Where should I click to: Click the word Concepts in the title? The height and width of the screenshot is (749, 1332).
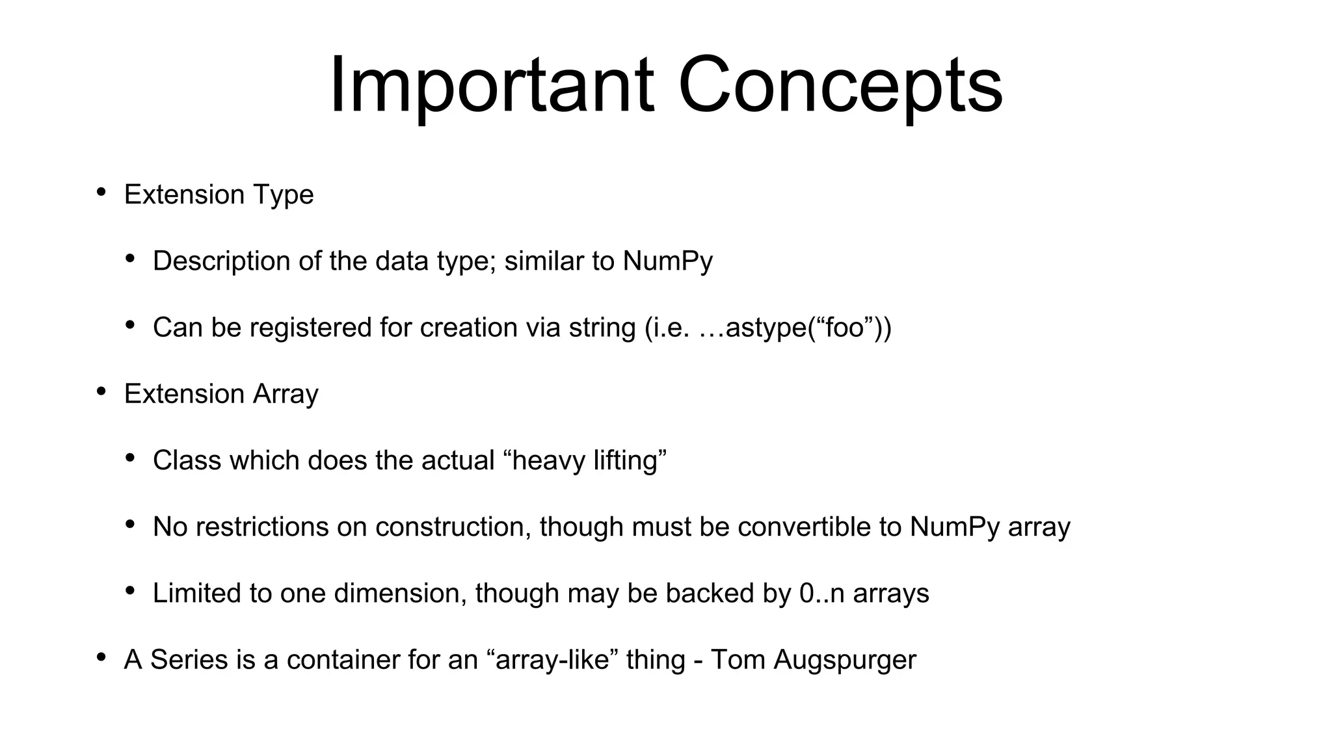click(840, 86)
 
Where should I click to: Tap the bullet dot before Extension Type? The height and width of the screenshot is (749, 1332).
click(101, 192)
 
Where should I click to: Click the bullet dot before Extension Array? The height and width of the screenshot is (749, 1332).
click(101, 391)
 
